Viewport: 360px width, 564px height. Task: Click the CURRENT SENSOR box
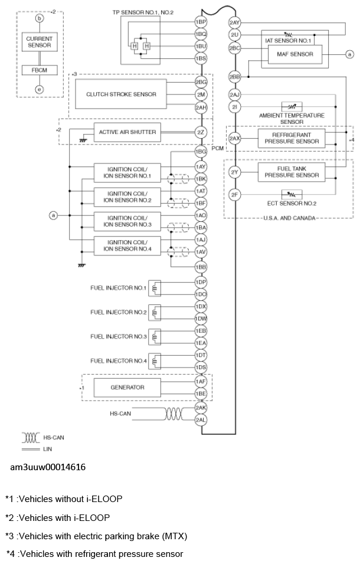pos(39,42)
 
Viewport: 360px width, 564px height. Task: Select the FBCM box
pos(39,70)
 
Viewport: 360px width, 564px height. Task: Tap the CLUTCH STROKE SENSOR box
pos(121,94)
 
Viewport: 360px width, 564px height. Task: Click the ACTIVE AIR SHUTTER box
pos(127,132)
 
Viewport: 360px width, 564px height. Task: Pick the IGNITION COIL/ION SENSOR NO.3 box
pos(127,221)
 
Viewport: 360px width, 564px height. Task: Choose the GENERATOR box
pos(127,388)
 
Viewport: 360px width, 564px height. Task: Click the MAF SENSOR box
pos(295,55)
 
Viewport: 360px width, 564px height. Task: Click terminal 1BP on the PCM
pos(201,22)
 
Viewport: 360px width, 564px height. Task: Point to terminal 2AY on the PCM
pos(234,23)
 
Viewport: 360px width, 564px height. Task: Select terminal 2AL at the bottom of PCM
pos(201,419)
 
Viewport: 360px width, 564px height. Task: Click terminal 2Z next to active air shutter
pos(201,132)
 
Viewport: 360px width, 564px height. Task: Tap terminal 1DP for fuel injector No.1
pos(201,282)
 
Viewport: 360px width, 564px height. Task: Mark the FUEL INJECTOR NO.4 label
pos(119,360)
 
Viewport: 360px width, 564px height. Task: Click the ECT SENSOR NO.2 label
pos(292,204)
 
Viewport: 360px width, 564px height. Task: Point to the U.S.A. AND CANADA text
pos(288,218)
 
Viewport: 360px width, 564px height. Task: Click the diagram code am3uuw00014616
pos(48,467)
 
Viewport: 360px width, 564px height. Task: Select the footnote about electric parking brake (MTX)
pos(96,536)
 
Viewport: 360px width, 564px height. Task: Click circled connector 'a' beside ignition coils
pos(54,216)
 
